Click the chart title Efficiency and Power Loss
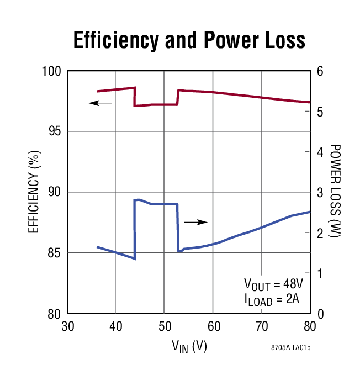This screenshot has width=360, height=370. (189, 40)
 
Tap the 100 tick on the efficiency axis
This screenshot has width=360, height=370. (54, 71)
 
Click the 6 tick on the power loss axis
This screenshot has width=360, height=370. (319, 71)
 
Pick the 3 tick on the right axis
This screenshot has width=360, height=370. (319, 193)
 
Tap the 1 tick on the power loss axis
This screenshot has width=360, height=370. (319, 274)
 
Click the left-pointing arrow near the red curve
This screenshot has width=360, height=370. (100, 103)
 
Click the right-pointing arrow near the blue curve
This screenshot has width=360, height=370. (195, 222)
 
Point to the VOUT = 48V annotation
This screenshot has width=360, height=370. (274, 284)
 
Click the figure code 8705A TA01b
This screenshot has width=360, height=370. (294, 348)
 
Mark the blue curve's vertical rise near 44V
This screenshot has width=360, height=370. (135, 229)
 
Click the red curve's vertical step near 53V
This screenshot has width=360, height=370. (177, 97)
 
